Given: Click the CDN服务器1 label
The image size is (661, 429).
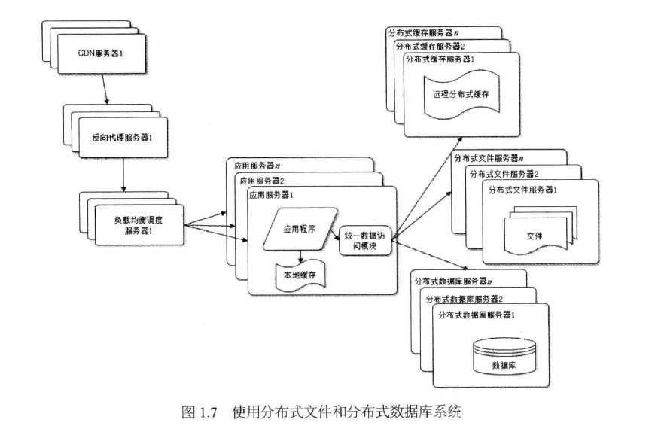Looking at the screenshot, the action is click(100, 53).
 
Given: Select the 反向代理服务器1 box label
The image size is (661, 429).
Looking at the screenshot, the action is click(122, 138).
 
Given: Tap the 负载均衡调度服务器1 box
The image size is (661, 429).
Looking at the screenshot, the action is click(139, 225).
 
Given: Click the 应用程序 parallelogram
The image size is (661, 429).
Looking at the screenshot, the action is click(300, 230).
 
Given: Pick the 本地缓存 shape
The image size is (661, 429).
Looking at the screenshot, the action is click(300, 275).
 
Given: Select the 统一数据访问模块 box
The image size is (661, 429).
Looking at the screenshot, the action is click(365, 241).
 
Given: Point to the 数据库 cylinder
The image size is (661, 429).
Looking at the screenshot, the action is click(504, 357).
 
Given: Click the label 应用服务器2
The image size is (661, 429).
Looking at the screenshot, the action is click(262, 181).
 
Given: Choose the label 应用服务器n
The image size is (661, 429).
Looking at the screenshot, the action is click(257, 166).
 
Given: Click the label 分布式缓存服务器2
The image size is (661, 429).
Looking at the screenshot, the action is click(430, 47).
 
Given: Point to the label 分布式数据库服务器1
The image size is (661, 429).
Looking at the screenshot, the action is click(477, 315).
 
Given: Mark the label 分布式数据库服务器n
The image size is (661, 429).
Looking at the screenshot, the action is click(453, 281).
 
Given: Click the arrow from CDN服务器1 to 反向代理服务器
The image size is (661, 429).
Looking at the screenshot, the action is click(105, 89).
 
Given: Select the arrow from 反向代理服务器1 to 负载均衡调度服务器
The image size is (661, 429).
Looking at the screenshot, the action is click(123, 175).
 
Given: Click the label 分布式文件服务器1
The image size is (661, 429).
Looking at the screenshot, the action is click(522, 190).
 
